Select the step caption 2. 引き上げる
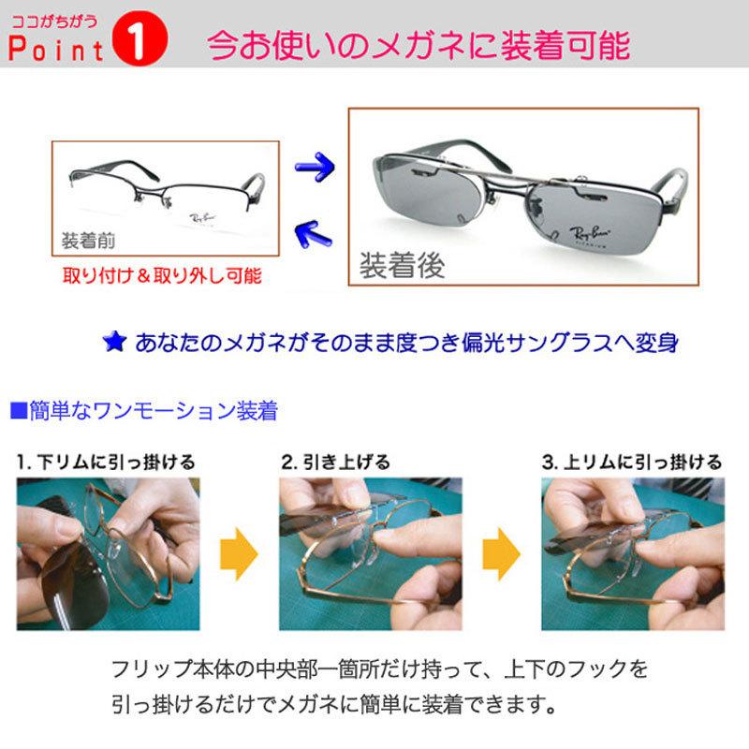(335, 463)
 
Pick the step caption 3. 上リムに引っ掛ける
(633, 463)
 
